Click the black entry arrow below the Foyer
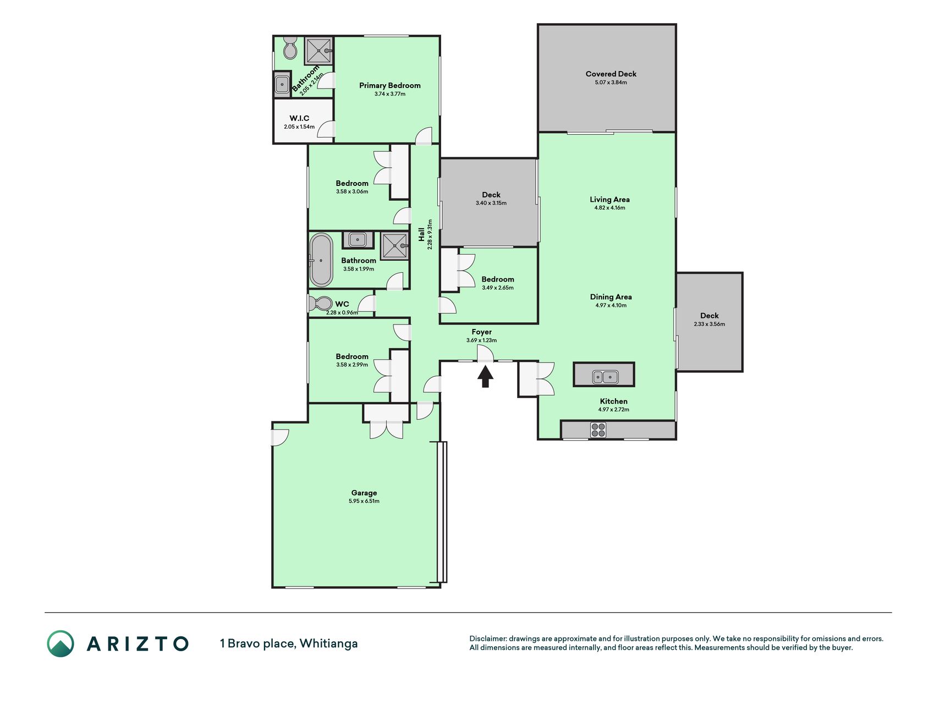tap(485, 377)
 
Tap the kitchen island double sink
tap(605, 377)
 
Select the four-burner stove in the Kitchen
tap(598, 430)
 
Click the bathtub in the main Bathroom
tap(321, 260)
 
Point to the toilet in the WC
tap(320, 304)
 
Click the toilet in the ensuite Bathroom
tap(290, 48)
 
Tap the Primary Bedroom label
tap(390, 85)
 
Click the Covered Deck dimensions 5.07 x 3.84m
tap(611, 82)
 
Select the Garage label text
tap(364, 493)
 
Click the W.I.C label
tap(299, 118)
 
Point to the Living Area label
tap(609, 200)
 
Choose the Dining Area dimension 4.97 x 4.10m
tap(611, 305)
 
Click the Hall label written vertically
tap(421, 234)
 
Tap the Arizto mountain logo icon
tap(61, 643)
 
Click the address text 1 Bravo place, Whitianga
tap(289, 643)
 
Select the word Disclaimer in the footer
tap(487, 639)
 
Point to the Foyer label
tap(481, 332)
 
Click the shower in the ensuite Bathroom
tap(319, 51)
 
